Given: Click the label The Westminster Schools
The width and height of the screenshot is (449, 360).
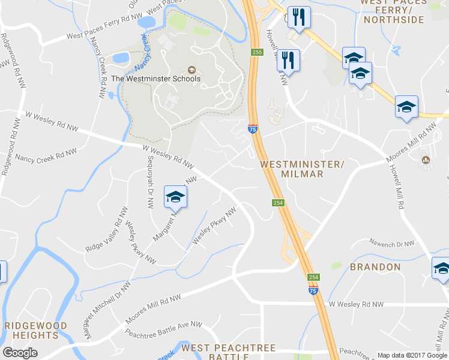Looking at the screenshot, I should pos(156,78).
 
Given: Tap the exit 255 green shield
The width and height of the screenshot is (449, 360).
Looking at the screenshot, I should pos(257,53).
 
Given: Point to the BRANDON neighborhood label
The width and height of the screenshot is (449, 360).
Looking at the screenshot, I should pos(375,266).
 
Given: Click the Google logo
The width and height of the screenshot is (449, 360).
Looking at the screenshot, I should pos(20,352).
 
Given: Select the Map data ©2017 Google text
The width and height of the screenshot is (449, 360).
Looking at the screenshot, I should pos(412,355).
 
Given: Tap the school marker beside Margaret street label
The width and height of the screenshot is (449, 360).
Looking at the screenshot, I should pos(175,196).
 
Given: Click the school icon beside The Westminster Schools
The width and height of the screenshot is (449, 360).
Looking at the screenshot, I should pos(192,69).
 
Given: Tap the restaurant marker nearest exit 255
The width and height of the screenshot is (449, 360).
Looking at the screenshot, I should pos(289,59).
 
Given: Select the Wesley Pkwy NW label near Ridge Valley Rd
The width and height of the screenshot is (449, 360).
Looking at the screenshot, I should pos(141,242).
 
